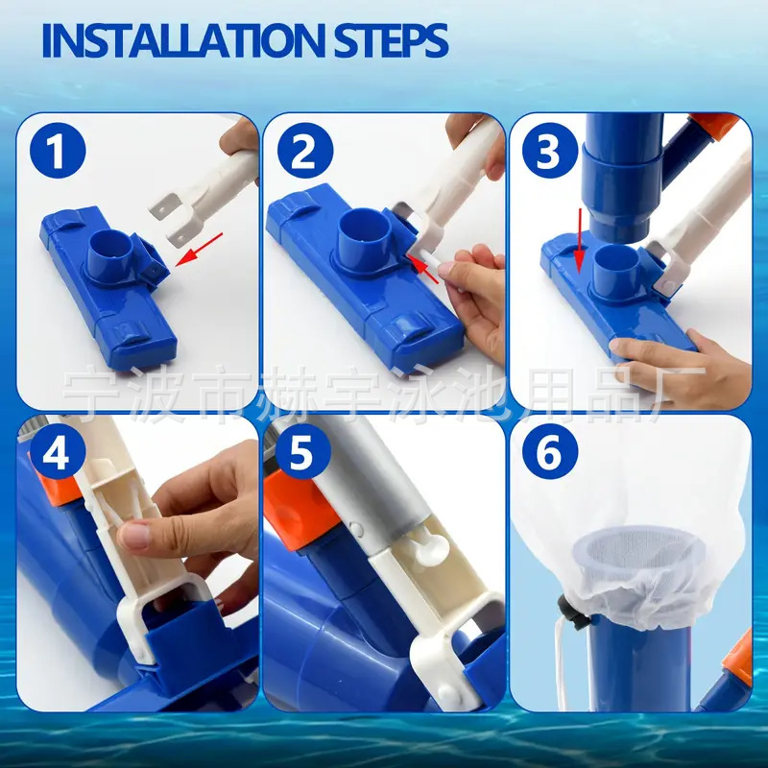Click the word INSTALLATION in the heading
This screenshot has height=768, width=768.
pos(183,40)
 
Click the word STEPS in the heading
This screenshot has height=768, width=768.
pos(392,40)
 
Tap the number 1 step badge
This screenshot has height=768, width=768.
pos(58,151)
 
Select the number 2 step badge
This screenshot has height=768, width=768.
pos(305,151)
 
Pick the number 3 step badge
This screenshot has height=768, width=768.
pos(550,151)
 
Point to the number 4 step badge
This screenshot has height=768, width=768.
pos(57,451)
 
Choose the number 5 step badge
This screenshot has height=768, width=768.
pos(302,451)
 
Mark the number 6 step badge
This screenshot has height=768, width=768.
pos(550,451)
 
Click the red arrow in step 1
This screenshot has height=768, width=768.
pos(199,250)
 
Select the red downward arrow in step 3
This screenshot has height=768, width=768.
pos(580,240)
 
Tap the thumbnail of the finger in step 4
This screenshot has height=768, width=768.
pos(132,535)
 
